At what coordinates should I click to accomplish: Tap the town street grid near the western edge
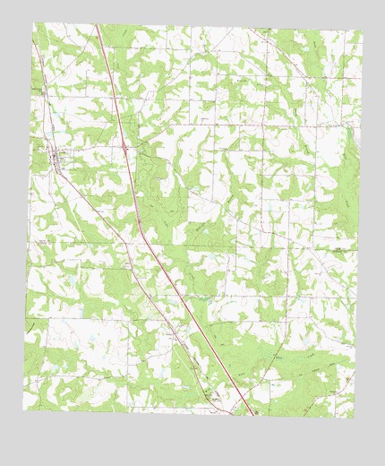(56, 160)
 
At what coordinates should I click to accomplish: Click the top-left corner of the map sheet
(34, 22)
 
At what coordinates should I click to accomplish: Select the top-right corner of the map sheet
(363, 32)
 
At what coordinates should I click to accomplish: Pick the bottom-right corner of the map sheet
(355, 418)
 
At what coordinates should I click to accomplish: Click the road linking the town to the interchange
(90, 151)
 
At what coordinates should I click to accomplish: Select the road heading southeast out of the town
(85, 197)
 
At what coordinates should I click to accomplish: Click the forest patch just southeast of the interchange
(152, 179)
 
